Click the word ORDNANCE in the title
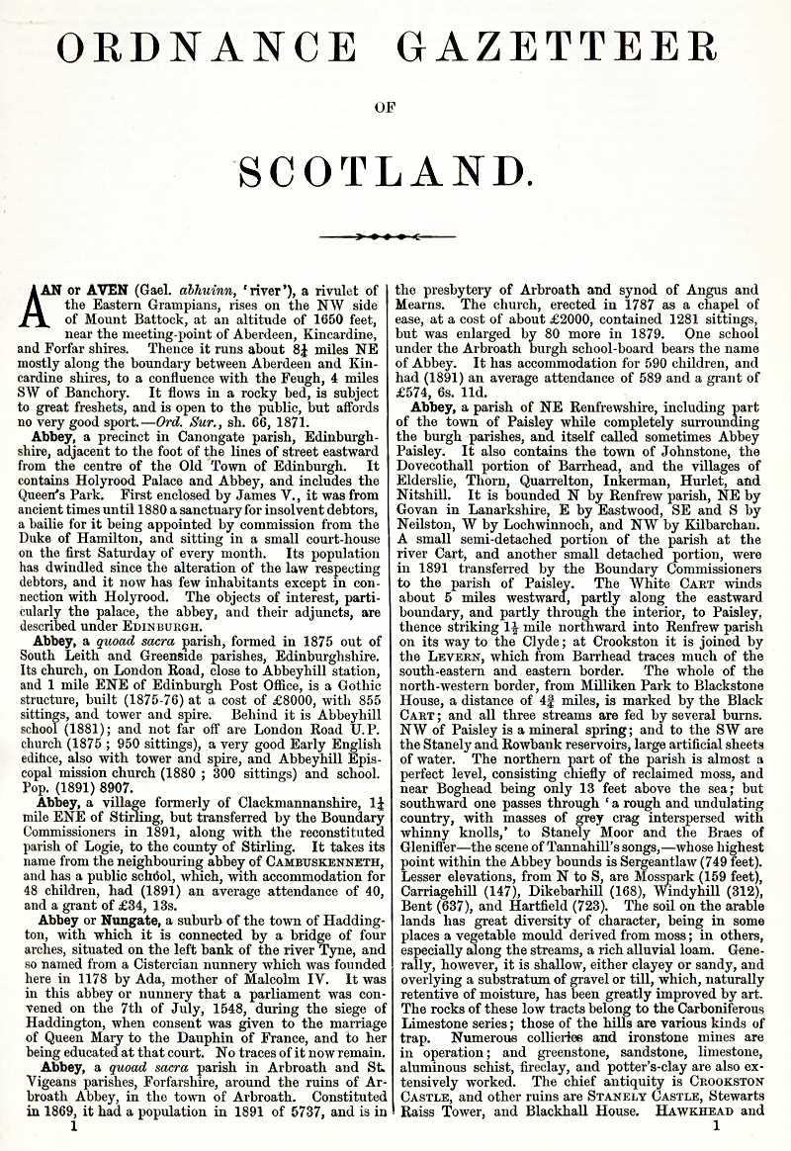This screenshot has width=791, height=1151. click(x=208, y=47)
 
